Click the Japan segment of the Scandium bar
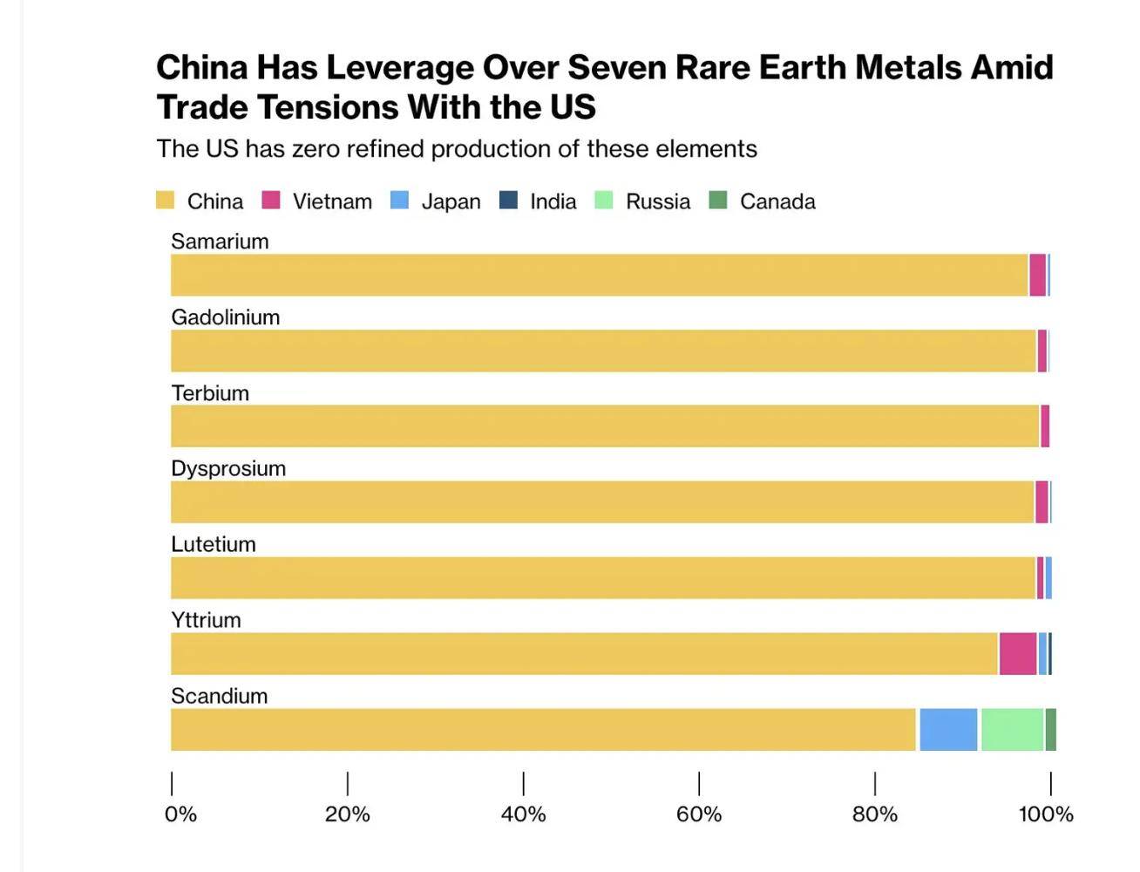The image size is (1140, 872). pos(948,730)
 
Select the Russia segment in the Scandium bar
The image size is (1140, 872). pos(1012,730)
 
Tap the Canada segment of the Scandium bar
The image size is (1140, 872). pos(1051,730)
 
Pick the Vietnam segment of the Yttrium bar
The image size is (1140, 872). pos(1018,654)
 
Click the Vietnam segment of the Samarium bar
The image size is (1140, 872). pos(1037,276)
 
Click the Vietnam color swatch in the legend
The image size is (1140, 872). pos(271,201)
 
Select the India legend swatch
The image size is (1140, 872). pos(508,201)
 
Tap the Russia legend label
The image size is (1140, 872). pos(658,201)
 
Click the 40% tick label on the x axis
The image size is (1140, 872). pos(523,814)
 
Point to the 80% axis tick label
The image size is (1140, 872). pos(874,814)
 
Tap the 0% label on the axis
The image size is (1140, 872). pos(180,814)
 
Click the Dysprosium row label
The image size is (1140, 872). pos(228,469)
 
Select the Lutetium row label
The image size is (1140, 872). pos(214,545)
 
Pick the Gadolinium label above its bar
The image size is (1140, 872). pos(225,317)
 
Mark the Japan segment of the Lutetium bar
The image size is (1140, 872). pos(1048,578)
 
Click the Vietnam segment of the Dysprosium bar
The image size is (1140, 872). pos(1042,502)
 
